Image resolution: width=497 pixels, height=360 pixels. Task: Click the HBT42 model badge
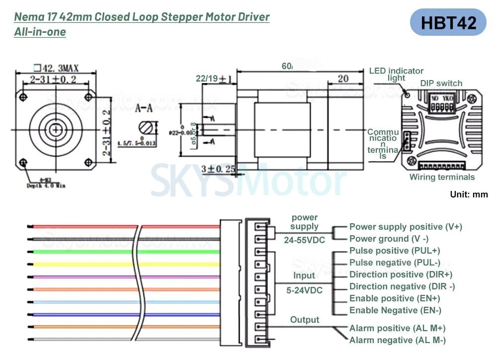[x=448, y=22]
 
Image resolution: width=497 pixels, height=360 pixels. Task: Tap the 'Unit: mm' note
[x=469, y=194]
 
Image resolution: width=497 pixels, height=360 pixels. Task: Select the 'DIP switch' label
[x=441, y=84]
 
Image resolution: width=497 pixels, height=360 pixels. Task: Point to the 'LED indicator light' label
[x=396, y=74]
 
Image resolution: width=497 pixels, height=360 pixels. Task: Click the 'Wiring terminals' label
[x=442, y=177]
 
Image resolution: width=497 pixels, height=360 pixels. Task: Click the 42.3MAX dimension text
[x=56, y=68]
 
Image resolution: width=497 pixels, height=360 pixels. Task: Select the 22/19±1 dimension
[x=214, y=79]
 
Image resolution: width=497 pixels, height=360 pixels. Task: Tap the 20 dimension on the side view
[x=343, y=78]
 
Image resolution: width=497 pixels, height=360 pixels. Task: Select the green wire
[x=80, y=252]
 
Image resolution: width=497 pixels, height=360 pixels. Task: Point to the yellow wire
[x=80, y=264]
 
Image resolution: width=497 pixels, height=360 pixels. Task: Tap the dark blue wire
[x=80, y=314]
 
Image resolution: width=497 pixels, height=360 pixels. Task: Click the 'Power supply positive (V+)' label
[x=406, y=227]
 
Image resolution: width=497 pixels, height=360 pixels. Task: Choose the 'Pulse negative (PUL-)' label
[x=395, y=263]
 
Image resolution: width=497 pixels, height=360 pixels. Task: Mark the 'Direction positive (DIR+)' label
[x=401, y=274]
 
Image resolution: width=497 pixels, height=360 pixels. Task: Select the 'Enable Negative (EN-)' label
[x=395, y=310]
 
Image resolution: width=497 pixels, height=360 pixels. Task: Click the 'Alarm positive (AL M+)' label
[x=397, y=328]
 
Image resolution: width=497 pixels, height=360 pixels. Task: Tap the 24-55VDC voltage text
[x=304, y=240]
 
